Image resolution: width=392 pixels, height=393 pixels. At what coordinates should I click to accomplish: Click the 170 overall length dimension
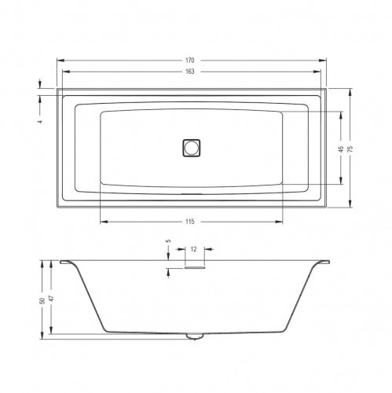(x=190, y=57)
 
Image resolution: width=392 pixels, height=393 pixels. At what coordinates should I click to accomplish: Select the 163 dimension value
(x=190, y=72)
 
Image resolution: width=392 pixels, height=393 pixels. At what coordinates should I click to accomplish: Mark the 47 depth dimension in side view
(x=50, y=299)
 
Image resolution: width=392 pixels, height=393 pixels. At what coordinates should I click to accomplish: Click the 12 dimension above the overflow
(x=193, y=249)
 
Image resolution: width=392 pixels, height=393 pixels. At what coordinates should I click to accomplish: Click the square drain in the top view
(x=191, y=147)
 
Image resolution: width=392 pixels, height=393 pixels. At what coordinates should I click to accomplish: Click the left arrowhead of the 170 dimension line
(x=59, y=62)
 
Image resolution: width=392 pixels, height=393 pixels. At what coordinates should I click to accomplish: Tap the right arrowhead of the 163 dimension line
(x=317, y=77)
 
